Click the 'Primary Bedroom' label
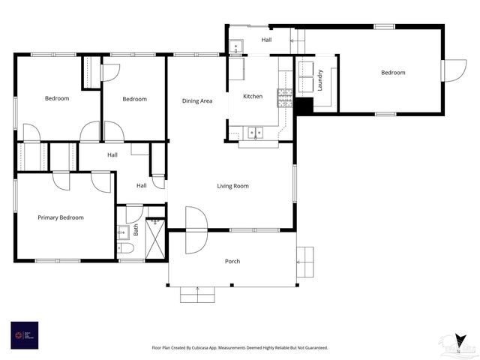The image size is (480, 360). tap(61, 217)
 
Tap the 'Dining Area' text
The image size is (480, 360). tap(197, 100)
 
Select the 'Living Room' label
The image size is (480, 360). tap(232, 186)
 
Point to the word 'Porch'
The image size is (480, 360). tap(232, 261)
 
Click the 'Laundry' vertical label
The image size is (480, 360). tap(320, 80)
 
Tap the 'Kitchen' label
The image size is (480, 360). tap(253, 97)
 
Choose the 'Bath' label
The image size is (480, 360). tap(136, 229)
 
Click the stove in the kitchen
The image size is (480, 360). tap(285, 95)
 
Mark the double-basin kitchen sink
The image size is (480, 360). tap(256, 133)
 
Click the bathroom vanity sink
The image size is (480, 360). tap(122, 232)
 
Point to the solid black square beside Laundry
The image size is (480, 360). tap(303, 106)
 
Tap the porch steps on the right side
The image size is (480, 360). tap(305, 262)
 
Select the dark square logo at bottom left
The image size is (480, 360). tap(24, 335)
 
